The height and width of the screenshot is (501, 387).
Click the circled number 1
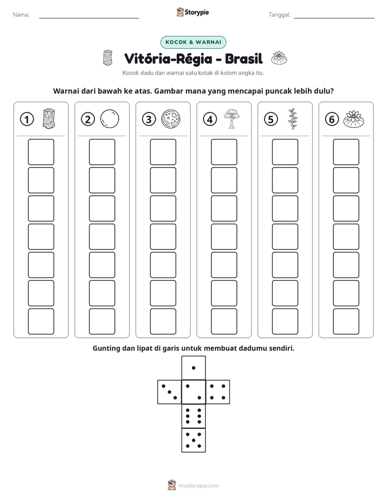pyautogui.click(x=27, y=119)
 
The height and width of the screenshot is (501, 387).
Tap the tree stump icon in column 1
pyautogui.click(x=49, y=119)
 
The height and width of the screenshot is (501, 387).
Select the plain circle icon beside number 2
pyautogui.click(x=109, y=119)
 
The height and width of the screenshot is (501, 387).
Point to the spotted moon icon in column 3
pyautogui.click(x=171, y=119)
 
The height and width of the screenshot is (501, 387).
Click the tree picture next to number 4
pyautogui.click(x=232, y=119)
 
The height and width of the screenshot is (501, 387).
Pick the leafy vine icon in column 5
pyautogui.click(x=293, y=119)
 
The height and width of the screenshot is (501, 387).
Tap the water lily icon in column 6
pyautogui.click(x=354, y=119)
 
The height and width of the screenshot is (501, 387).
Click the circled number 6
pyautogui.click(x=332, y=119)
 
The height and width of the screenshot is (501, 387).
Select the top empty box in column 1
pyautogui.click(x=41, y=152)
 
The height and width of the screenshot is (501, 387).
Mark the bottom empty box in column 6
pyautogui.click(x=346, y=322)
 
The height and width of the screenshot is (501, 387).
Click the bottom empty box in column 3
pyautogui.click(x=163, y=322)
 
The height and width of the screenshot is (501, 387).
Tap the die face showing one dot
pyautogui.click(x=193, y=368)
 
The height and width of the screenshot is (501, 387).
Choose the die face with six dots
pyautogui.click(x=193, y=416)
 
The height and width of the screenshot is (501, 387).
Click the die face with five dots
pyautogui.click(x=193, y=440)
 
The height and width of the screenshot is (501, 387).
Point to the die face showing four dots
pyautogui.click(x=218, y=392)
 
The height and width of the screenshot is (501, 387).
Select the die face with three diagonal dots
pyautogui.click(x=170, y=392)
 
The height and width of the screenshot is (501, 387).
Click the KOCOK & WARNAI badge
pyautogui.click(x=193, y=42)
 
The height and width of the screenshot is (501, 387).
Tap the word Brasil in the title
pyautogui.click(x=243, y=59)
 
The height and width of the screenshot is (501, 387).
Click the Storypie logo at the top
pyautogui.click(x=192, y=12)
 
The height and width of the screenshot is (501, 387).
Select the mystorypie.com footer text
pyautogui.click(x=198, y=486)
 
